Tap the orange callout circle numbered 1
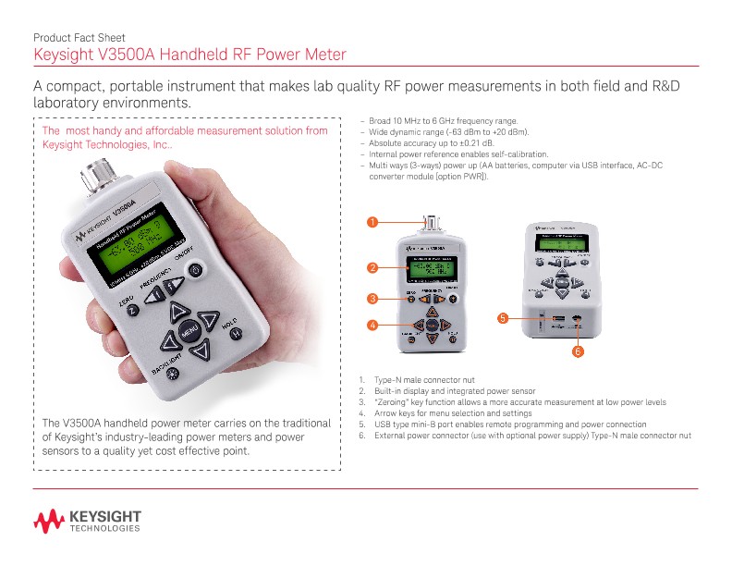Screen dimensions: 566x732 (x=372, y=222)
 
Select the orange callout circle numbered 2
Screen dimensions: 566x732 (x=372, y=268)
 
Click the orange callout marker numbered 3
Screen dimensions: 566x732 (x=372, y=299)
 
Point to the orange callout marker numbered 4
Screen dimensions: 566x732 (x=372, y=326)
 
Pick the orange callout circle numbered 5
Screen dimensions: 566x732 (x=502, y=318)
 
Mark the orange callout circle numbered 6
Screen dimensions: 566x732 (x=576, y=351)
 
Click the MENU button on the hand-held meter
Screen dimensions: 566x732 (x=189, y=331)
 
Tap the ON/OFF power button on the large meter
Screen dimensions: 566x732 (x=195, y=269)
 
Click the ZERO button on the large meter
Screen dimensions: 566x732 (x=133, y=311)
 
